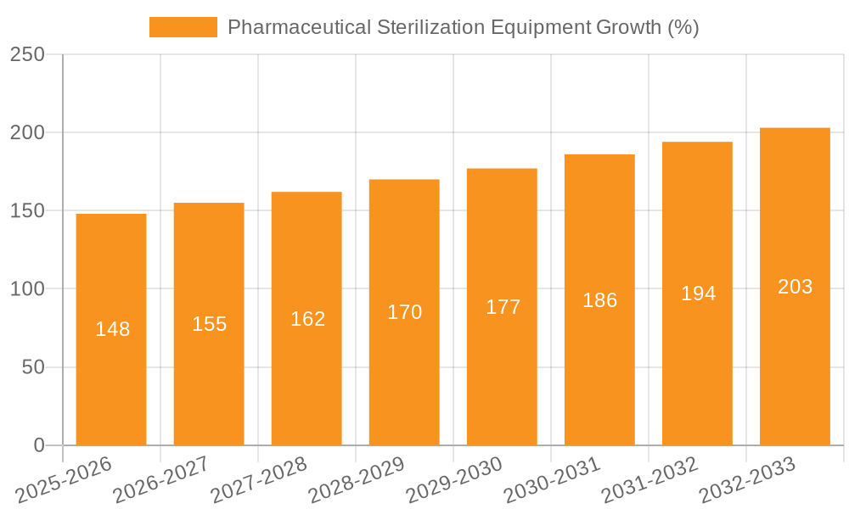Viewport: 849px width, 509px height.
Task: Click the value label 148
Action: click(112, 329)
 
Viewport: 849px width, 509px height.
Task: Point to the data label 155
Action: click(209, 324)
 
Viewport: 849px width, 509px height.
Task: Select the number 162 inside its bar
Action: click(307, 319)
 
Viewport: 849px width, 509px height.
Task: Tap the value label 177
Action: click(503, 307)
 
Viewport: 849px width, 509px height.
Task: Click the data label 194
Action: click(698, 294)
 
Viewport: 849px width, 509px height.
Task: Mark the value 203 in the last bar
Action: click(795, 287)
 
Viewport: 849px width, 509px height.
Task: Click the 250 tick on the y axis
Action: click(27, 55)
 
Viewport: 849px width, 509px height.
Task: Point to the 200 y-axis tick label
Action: click(27, 133)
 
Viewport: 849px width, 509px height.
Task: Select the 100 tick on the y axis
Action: click(27, 289)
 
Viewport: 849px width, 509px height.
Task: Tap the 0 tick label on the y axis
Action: click(38, 445)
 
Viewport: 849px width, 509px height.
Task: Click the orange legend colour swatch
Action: click(183, 27)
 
